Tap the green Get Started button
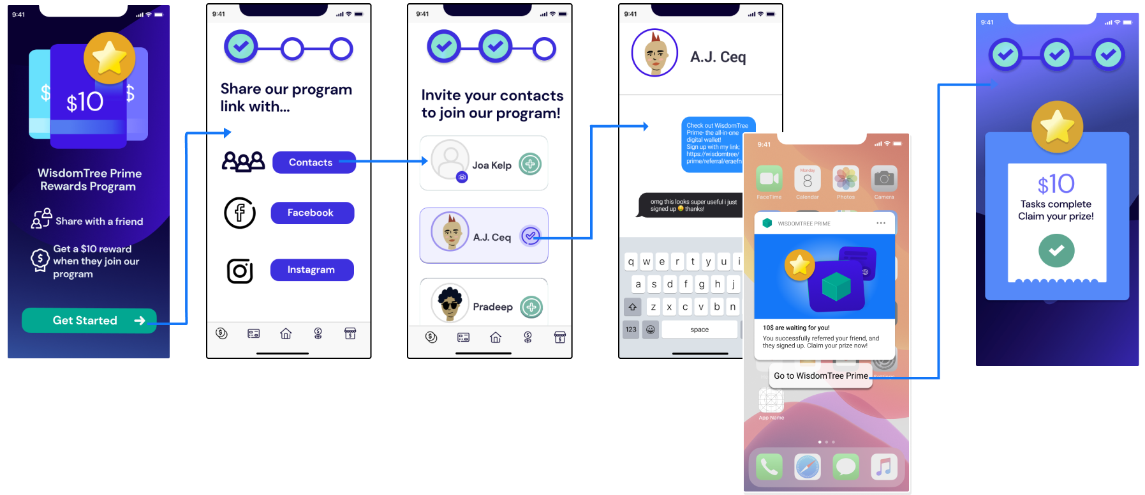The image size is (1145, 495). pos(89,321)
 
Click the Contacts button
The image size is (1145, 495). pos(311,162)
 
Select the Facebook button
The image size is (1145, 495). pos(312,213)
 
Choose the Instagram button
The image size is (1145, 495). pos(311,270)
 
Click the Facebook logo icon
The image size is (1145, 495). pos(240,213)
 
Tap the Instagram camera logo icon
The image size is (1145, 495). pos(240,271)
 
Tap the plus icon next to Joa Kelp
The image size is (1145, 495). pos(530,164)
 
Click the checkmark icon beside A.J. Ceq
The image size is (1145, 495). pos(530,236)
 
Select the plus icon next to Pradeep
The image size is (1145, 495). pos(531,307)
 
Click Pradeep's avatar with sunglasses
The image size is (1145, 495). pos(450,303)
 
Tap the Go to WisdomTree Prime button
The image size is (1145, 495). pos(821,376)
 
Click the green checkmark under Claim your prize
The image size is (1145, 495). pos(1056,250)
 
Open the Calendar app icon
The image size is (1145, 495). pos(808,179)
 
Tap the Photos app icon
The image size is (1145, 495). pos(846,179)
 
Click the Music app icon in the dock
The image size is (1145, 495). pos(884,467)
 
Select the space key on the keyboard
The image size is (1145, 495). pos(699,330)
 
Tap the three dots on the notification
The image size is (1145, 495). pos(881,223)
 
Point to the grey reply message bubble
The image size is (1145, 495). pos(690,205)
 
